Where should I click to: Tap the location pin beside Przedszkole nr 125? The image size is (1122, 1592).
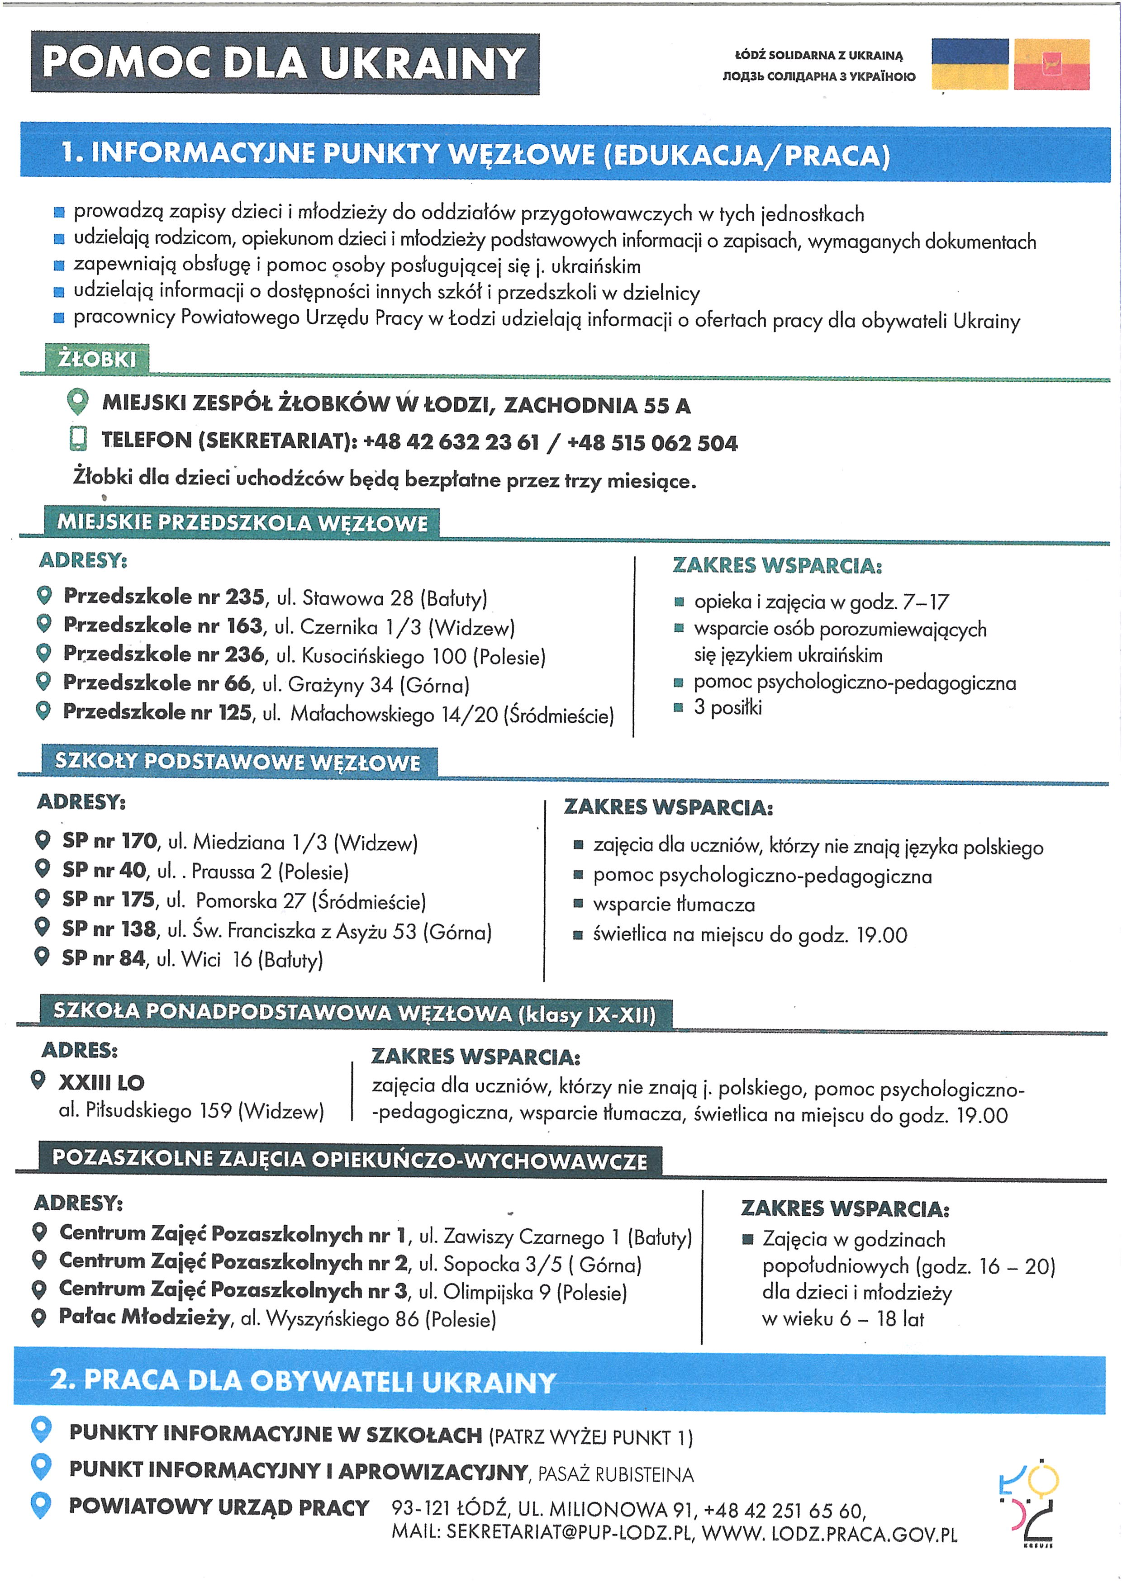point(43,711)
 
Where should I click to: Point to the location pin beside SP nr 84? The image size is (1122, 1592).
point(42,957)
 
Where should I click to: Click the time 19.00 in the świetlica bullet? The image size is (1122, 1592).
point(881,935)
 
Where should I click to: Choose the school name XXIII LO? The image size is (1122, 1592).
point(101,1082)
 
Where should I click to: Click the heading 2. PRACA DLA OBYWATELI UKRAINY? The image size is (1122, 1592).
point(303,1381)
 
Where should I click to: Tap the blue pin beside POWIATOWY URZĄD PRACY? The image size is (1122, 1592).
point(42,1506)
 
